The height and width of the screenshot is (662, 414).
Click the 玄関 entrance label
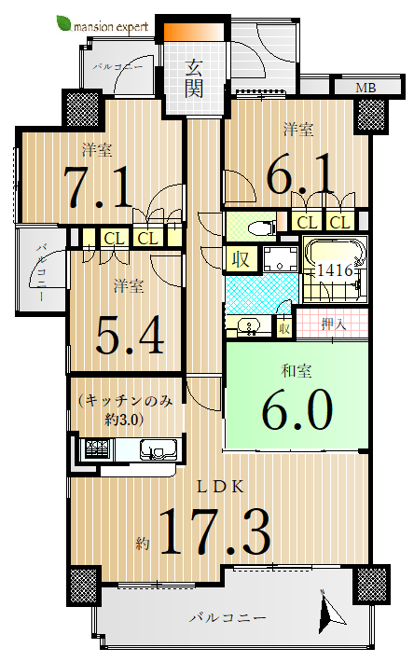(x=194, y=79)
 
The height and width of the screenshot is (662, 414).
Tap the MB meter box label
(x=366, y=88)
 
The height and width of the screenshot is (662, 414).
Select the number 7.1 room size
(x=98, y=186)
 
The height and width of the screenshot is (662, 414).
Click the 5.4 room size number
(x=130, y=335)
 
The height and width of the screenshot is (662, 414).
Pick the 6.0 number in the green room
(x=297, y=408)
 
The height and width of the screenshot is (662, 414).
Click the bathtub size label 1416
(x=334, y=269)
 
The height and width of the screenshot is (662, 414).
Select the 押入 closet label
(x=333, y=324)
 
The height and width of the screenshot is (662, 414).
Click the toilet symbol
(x=261, y=228)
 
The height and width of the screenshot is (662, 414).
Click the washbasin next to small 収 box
(x=248, y=326)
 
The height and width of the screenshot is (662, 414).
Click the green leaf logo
(x=64, y=23)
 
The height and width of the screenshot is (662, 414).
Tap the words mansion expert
(x=111, y=27)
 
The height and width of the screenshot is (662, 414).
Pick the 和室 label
(x=297, y=371)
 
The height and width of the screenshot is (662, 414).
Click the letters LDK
(x=221, y=488)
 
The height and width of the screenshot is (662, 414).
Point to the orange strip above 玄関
(x=194, y=33)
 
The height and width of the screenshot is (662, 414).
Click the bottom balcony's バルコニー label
(x=228, y=618)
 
